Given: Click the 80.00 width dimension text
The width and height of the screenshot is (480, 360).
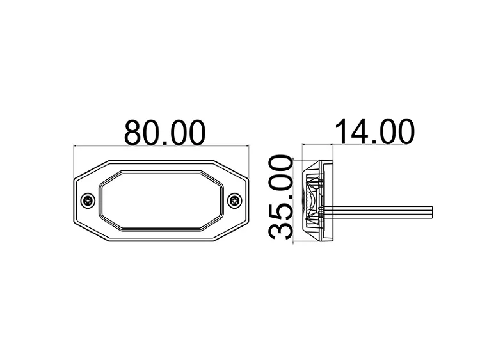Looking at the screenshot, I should [x=164, y=132].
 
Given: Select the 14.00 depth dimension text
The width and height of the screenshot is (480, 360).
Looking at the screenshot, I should [x=374, y=132].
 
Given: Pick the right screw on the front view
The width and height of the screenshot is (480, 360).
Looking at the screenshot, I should [x=235, y=201].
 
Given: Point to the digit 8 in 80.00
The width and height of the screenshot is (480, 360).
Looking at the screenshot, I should [x=135, y=132].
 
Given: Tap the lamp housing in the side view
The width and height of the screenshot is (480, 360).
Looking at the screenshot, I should [x=317, y=200].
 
